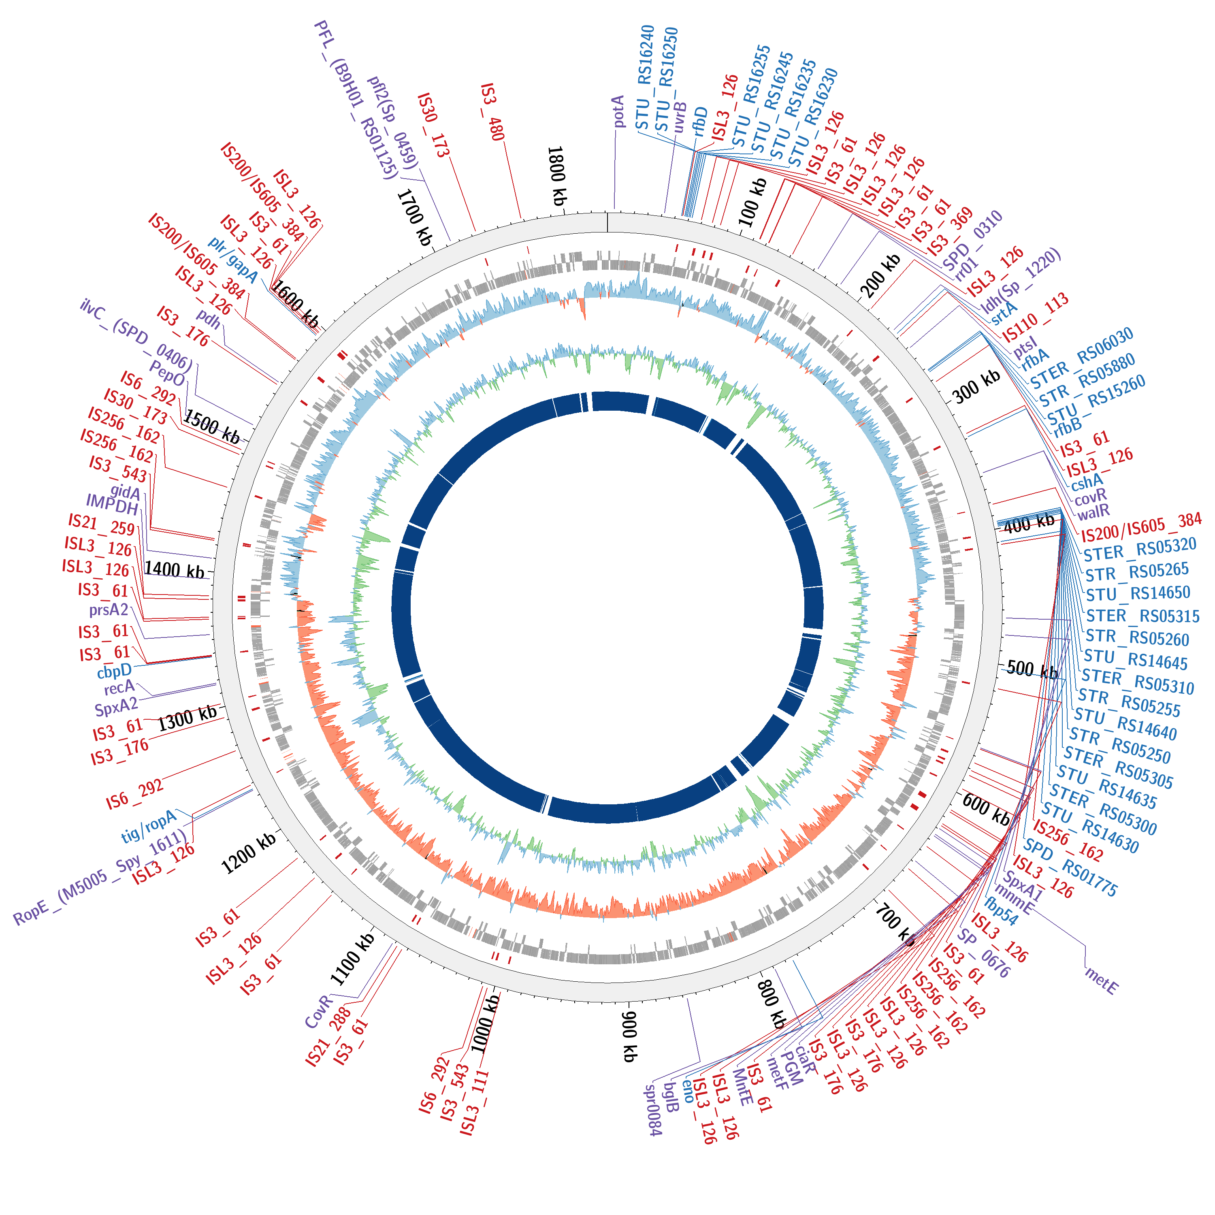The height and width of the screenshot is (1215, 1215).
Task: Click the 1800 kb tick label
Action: click(x=557, y=176)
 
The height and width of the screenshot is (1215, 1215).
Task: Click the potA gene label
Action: click(x=619, y=111)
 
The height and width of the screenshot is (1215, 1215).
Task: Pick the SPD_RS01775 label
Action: click(x=1070, y=868)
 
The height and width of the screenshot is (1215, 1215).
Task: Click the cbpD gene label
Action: click(x=115, y=671)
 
